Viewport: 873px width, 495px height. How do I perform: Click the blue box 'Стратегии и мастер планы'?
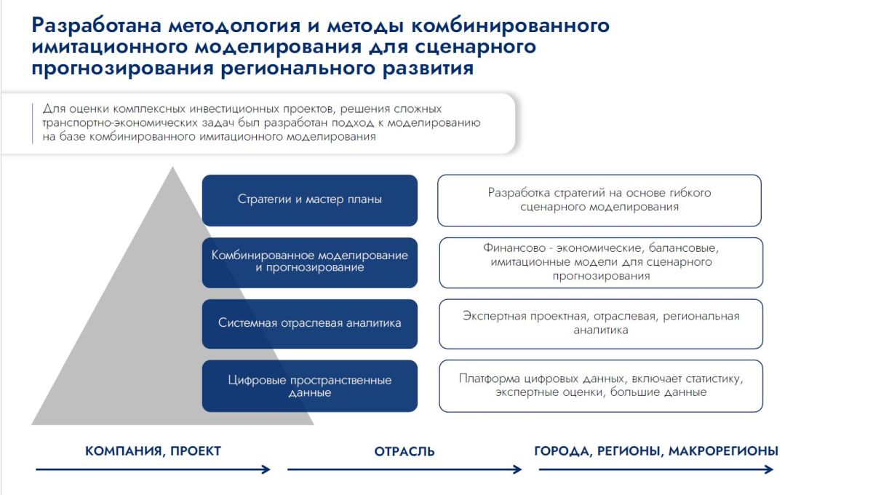[x=310, y=200]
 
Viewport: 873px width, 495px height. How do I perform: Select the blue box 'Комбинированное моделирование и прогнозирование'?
[x=310, y=263]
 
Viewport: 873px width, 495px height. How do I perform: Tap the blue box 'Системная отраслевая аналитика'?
[x=310, y=324]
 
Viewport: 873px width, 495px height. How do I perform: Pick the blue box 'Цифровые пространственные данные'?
[x=310, y=386]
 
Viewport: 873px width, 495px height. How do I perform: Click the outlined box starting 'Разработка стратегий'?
[x=599, y=200]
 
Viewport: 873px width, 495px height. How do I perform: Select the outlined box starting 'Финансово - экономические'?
[x=601, y=263]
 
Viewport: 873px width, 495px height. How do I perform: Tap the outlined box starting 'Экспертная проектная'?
[x=601, y=324]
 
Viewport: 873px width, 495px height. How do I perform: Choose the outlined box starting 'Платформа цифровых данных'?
[x=601, y=386]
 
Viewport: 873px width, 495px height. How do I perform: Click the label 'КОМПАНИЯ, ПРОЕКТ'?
[x=154, y=451]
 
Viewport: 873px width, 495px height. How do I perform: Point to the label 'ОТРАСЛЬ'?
[x=404, y=451]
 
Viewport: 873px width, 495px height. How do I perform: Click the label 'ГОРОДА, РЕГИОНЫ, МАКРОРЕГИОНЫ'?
[x=656, y=451]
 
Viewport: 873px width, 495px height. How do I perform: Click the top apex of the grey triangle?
[x=172, y=167]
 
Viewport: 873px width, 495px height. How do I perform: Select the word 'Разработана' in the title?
[x=96, y=25]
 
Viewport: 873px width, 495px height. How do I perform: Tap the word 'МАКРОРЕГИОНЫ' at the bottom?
[x=723, y=451]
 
